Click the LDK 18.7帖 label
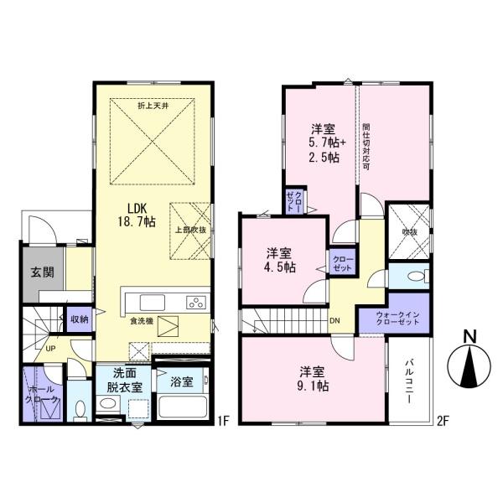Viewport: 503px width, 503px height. click(141, 214)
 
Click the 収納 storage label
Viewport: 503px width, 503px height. click(80, 319)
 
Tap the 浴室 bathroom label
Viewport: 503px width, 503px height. click(181, 381)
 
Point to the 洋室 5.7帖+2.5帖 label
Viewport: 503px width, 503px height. click(324, 143)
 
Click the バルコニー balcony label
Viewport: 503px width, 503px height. click(410, 382)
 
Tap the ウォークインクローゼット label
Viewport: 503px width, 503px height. click(394, 320)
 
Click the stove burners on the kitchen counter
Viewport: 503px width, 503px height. click(194, 303)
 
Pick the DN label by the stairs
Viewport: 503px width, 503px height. click(334, 320)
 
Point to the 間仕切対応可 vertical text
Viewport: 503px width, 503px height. click(366, 148)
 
